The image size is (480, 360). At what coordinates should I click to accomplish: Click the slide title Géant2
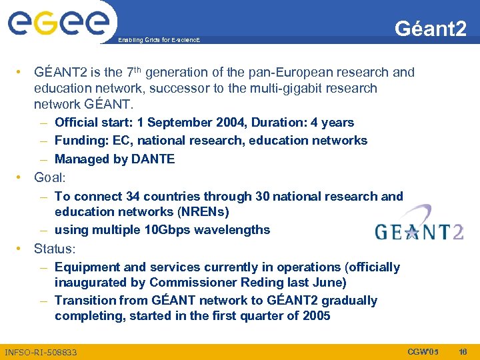click(x=430, y=28)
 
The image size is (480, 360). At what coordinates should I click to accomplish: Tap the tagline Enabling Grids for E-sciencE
click(x=159, y=41)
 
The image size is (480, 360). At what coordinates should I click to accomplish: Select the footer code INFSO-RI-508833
click(x=41, y=352)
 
